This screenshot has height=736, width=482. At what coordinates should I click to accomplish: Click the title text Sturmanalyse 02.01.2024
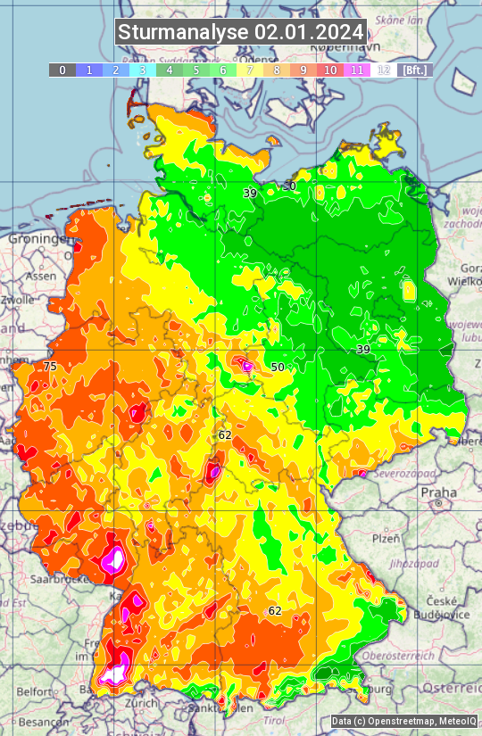(241, 32)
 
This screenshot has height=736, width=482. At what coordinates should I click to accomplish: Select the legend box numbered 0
(62, 70)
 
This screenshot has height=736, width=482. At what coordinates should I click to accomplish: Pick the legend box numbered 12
(384, 70)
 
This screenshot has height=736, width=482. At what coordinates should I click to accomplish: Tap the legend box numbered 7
(250, 70)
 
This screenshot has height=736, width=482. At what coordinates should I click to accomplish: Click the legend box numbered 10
(330, 70)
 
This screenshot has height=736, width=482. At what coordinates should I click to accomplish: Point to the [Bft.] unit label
(415, 70)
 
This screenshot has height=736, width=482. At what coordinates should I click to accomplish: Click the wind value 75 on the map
(50, 367)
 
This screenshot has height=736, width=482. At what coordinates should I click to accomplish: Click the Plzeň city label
(386, 539)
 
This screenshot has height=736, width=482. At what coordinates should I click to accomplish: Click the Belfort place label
(34, 691)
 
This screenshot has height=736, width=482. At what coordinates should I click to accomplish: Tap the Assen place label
(39, 277)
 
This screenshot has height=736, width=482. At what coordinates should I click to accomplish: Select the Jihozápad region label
(410, 564)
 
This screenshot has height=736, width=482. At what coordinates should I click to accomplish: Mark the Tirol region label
(275, 720)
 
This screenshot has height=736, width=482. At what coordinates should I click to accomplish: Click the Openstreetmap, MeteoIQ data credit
(403, 721)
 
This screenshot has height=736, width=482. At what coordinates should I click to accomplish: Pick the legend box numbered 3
(142, 70)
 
